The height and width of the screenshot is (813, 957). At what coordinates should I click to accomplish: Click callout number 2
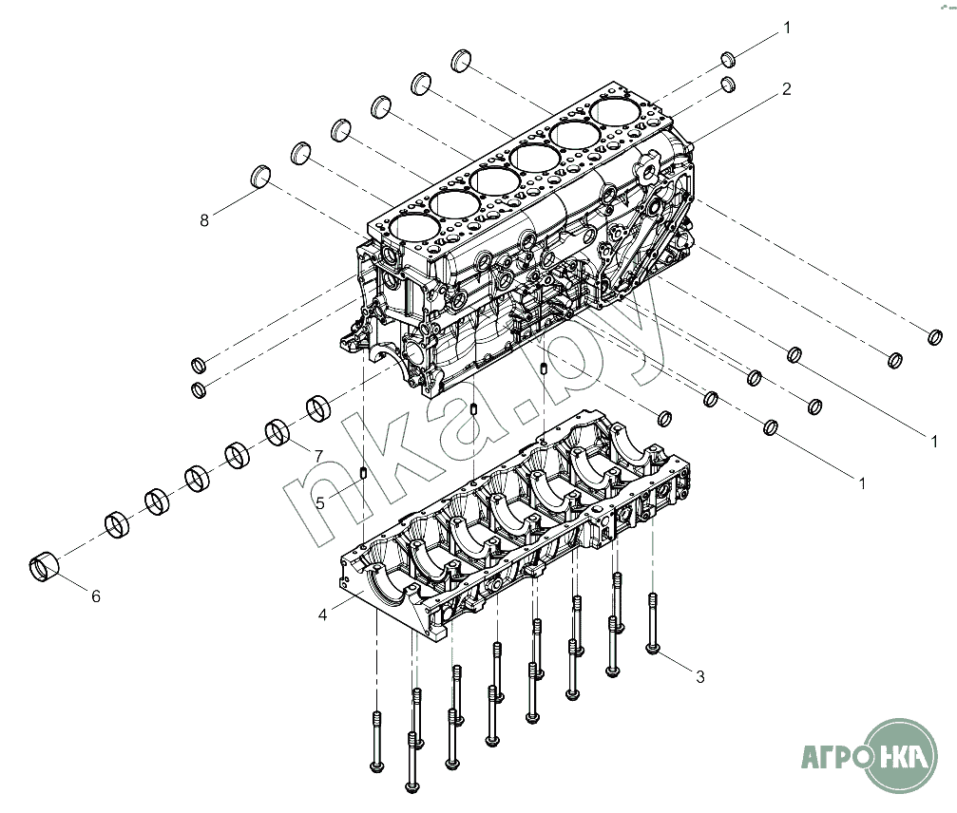pyautogui.click(x=786, y=89)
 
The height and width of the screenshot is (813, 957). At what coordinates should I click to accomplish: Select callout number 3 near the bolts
pyautogui.click(x=700, y=676)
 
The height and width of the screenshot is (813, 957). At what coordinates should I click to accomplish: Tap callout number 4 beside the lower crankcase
pyautogui.click(x=322, y=614)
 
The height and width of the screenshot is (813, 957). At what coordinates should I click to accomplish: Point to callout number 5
pyautogui.click(x=320, y=503)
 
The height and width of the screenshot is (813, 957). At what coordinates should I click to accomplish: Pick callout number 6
pyautogui.click(x=96, y=596)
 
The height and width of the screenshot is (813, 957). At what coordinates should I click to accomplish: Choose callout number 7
pyautogui.click(x=318, y=456)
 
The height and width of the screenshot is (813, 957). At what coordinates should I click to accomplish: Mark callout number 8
pyautogui.click(x=204, y=220)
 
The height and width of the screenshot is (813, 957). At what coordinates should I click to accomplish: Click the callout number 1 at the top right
pyautogui.click(x=787, y=28)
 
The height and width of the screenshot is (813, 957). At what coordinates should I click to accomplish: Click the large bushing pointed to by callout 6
pyautogui.click(x=44, y=566)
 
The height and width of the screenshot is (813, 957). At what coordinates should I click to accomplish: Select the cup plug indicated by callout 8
pyautogui.click(x=260, y=176)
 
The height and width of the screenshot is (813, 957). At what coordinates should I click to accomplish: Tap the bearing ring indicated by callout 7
pyautogui.click(x=278, y=432)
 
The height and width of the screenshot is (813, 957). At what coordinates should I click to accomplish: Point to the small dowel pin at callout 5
pyautogui.click(x=362, y=473)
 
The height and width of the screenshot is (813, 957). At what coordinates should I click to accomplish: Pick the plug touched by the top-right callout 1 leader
pyautogui.click(x=728, y=59)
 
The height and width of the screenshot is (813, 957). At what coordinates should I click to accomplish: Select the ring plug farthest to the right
pyautogui.click(x=934, y=336)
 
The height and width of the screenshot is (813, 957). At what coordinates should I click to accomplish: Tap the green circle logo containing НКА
pyautogui.click(x=901, y=756)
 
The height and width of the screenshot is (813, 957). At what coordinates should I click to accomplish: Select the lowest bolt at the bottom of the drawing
pyautogui.click(x=412, y=762)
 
